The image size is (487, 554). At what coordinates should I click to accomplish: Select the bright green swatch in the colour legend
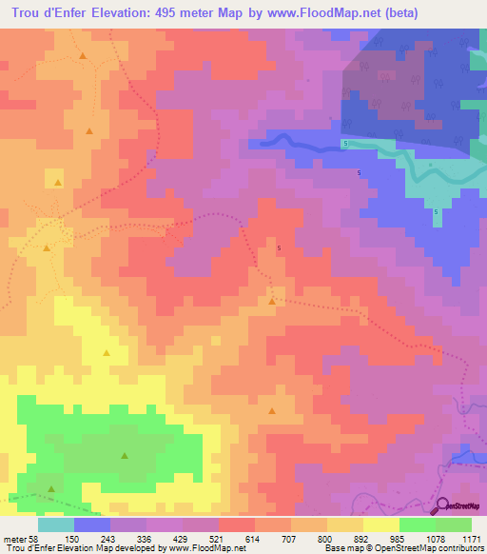tap(417, 524)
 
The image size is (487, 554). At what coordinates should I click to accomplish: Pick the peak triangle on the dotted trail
tap(273, 301)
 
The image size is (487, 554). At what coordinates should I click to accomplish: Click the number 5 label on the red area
tap(279, 248)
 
